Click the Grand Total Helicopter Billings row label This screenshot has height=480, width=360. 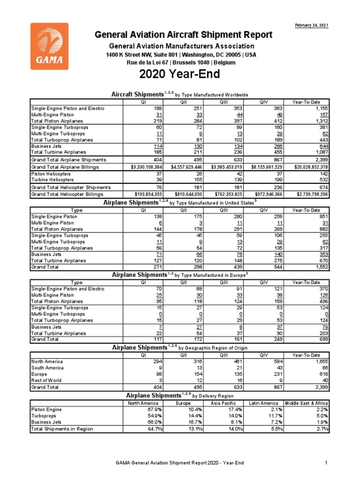[67, 194]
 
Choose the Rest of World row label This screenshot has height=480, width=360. [46, 380]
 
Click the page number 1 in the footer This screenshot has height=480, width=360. [325, 464]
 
